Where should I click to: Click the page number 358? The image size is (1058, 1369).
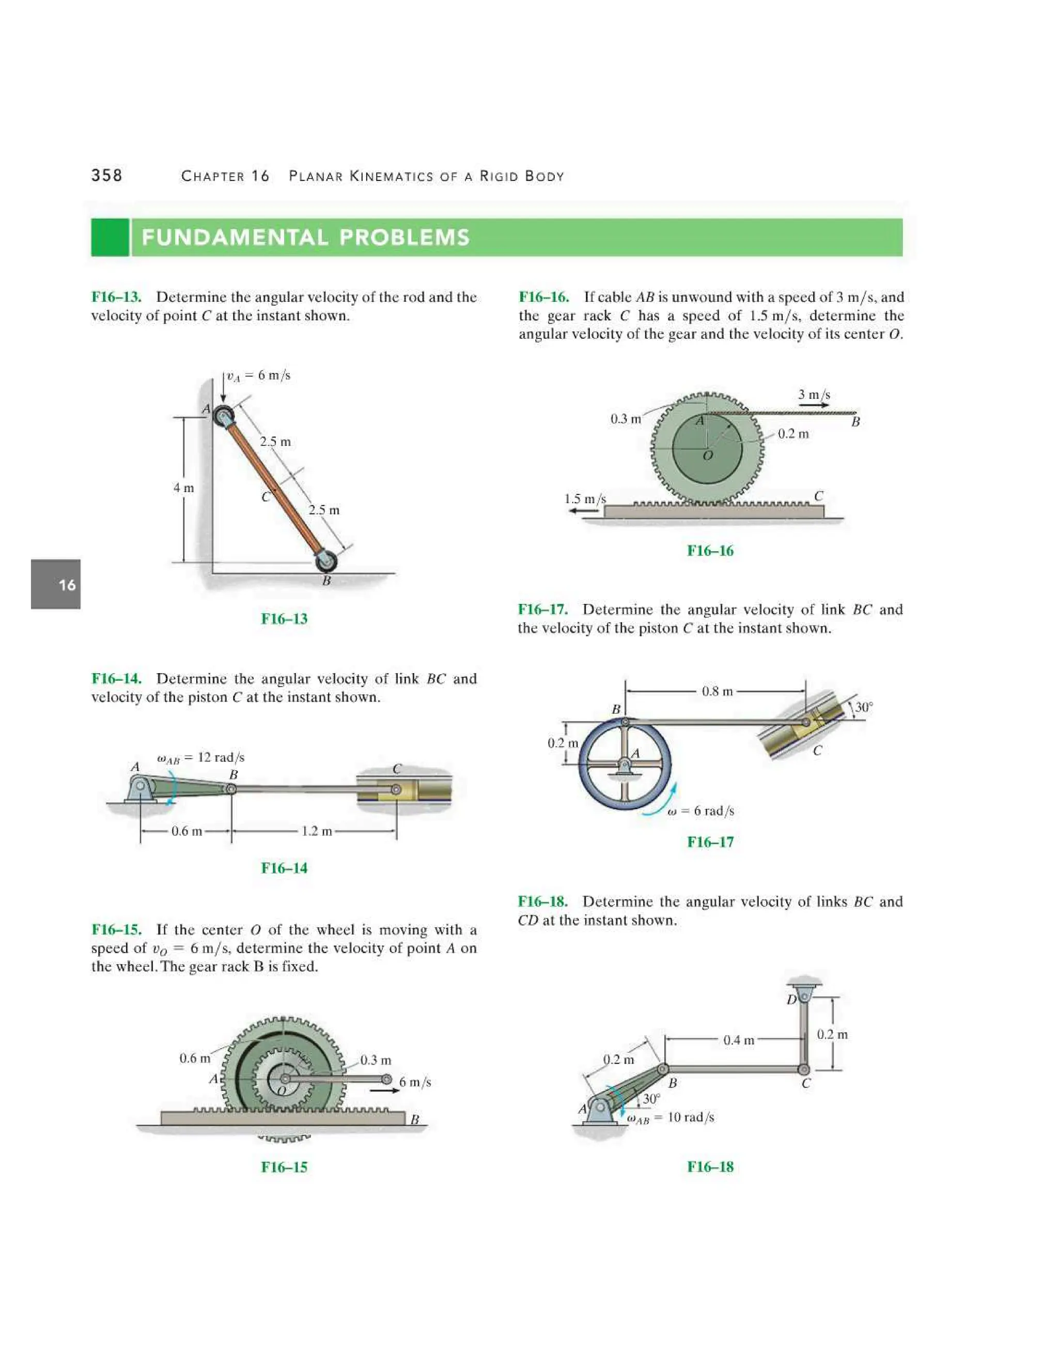tap(106, 175)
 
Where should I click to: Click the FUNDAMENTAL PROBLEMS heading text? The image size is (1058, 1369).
tap(305, 238)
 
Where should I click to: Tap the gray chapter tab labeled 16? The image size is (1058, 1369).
tap(56, 584)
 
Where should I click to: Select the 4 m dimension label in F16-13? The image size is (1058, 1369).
tap(183, 488)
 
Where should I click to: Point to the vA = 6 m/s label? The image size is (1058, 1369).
tap(258, 376)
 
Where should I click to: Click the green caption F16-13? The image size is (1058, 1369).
tap(284, 619)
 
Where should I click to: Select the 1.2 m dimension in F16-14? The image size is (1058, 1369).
tap(317, 831)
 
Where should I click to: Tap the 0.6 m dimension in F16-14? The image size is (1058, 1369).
tap(187, 831)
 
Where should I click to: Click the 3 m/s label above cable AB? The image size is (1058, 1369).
tap(814, 394)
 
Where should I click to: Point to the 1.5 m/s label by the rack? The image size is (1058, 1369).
tap(585, 499)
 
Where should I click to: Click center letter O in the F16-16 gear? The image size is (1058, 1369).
tap(708, 456)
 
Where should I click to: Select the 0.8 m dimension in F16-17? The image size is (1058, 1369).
tap(717, 691)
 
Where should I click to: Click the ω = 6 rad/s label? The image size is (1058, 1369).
tap(701, 811)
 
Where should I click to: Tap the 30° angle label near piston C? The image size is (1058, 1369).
tap(864, 707)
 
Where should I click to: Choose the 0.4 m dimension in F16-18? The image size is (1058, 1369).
tap(738, 1040)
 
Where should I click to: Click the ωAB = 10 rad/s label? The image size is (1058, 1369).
tap(671, 1117)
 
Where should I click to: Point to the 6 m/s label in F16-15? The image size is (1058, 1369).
tap(415, 1082)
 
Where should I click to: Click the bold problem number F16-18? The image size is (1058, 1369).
tap(543, 901)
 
